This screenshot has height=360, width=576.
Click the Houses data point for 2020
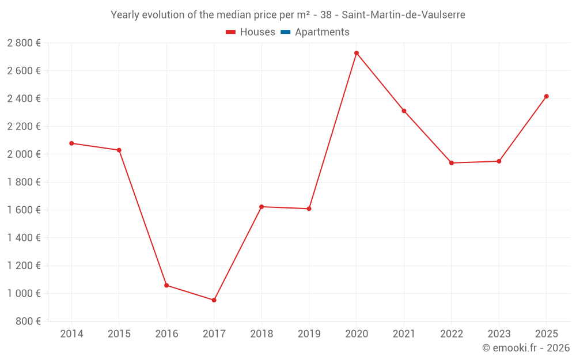pos(357,53)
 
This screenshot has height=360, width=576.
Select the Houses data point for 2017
pos(214,300)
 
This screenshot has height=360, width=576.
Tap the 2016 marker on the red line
pos(166,285)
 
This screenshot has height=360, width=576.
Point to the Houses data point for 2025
pos(547,96)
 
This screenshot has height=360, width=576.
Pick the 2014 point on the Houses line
pos(71,143)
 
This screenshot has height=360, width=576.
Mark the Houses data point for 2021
pos(404,111)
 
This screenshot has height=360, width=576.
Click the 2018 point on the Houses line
pos(262,207)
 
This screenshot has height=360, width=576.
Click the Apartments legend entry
pos(322,32)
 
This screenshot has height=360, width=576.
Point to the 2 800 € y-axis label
pos(24,43)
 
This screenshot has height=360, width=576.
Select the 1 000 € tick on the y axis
pos(24,294)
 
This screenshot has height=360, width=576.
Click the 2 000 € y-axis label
pos(24,154)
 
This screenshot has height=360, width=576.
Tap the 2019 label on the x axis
pos(309,334)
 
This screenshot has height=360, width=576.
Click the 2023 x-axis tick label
pos(499,334)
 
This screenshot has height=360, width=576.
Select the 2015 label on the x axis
pos(119,334)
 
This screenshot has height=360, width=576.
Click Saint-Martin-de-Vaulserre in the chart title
pos(403,15)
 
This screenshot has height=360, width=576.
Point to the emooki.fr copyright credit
pos(526,348)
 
